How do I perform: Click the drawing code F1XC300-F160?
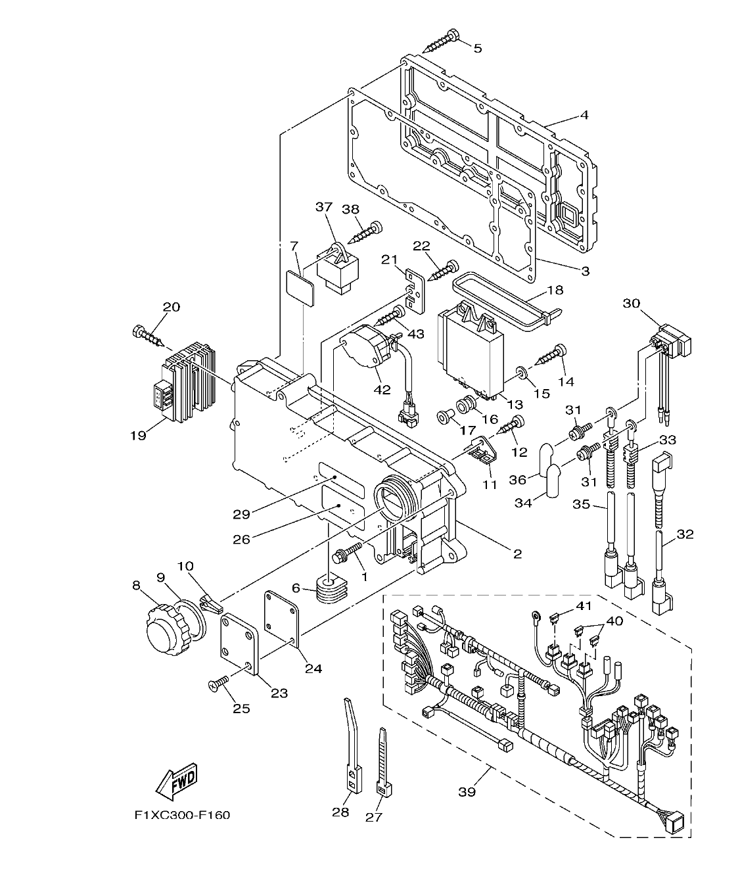(182, 815)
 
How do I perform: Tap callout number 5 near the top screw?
(478, 47)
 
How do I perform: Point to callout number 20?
(172, 307)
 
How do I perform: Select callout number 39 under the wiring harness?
(466, 792)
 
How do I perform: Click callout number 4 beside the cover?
(584, 115)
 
